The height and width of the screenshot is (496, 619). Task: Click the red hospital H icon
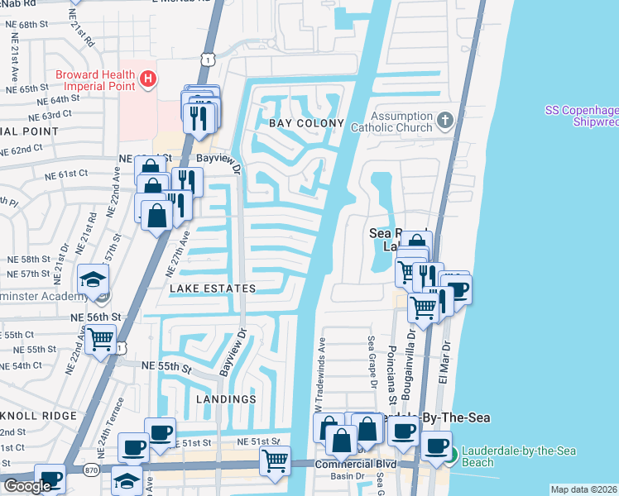click(147, 79)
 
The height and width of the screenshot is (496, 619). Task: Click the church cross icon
click(445, 121)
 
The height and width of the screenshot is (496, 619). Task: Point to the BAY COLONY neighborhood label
click(305, 123)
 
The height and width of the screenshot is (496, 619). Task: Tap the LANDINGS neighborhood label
click(227, 399)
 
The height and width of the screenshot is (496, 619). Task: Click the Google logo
click(26, 486)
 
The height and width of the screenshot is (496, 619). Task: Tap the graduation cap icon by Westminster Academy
click(94, 279)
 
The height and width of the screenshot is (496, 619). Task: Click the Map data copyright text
click(584, 489)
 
